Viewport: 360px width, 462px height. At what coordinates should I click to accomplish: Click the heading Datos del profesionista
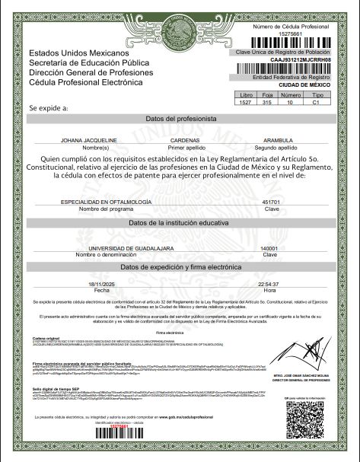click(180, 120)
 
